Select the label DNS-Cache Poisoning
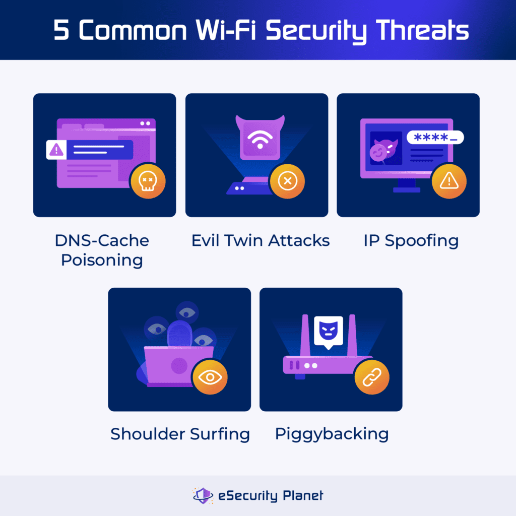pyautogui.click(x=102, y=250)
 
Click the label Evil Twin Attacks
pyautogui.click(x=260, y=240)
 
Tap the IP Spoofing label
pyautogui.click(x=411, y=240)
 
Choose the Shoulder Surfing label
pyautogui.click(x=180, y=434)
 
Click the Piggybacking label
pyautogui.click(x=332, y=434)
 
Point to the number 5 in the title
pyautogui.click(x=61, y=31)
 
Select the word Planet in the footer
pyautogui.click(x=302, y=495)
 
